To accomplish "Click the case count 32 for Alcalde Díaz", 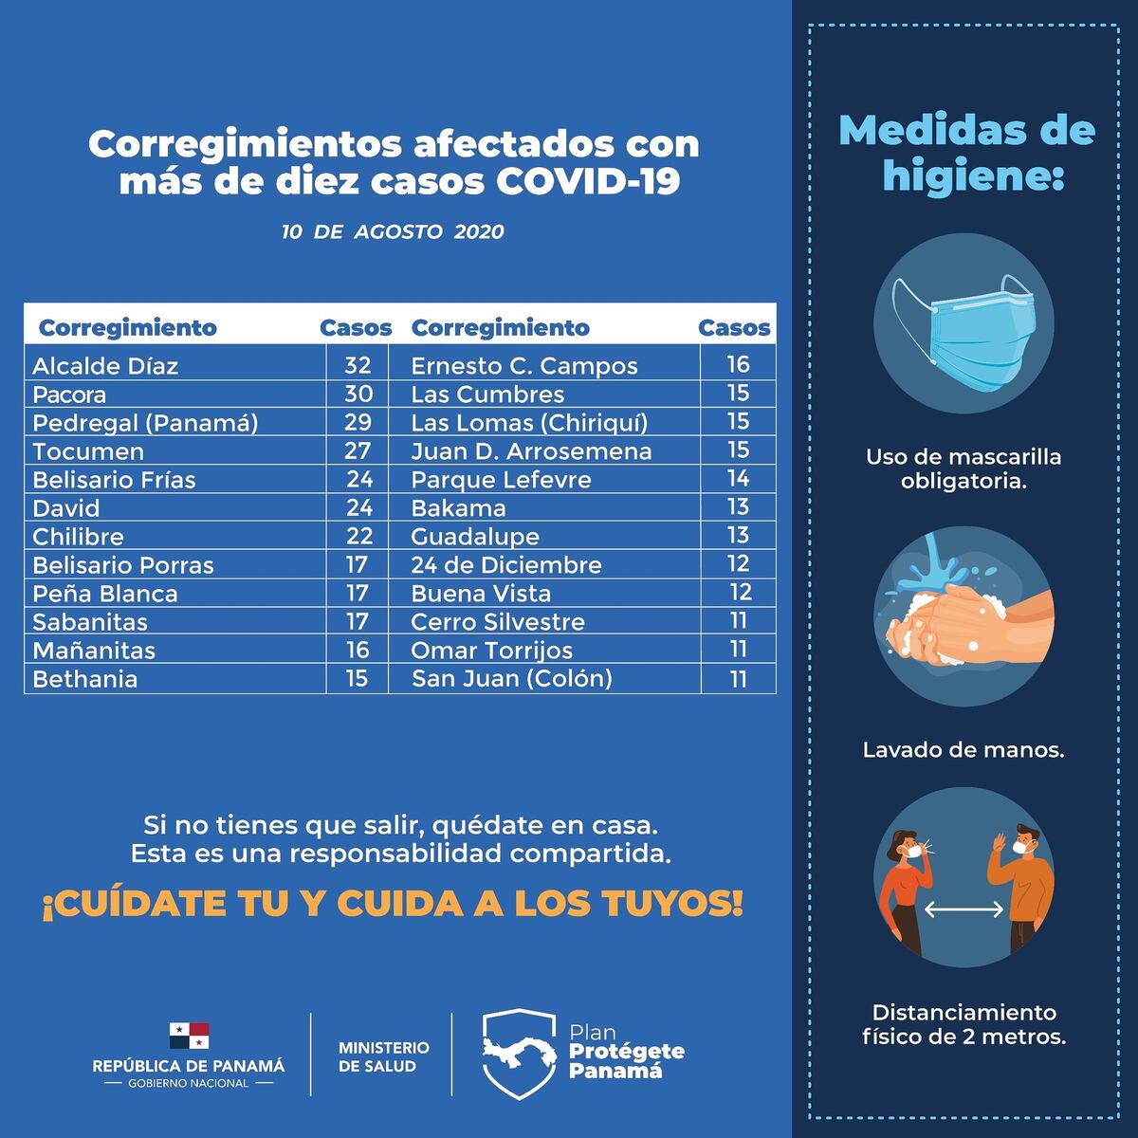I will [358, 366].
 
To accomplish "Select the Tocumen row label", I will [88, 451].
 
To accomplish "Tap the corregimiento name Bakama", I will [458, 508].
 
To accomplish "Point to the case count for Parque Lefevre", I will [738, 479].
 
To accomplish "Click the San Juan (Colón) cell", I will [511, 679].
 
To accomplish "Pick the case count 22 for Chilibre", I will [358, 536].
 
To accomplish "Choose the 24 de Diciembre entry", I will [505, 565].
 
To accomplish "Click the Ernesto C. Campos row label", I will [523, 366].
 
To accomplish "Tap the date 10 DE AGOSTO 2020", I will [393, 232].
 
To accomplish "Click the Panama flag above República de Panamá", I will [189, 1036].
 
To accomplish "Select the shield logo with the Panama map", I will [518, 1054].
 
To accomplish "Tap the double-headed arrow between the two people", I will [964, 909].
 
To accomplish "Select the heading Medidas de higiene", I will [966, 153].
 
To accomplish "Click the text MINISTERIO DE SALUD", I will [383, 1056].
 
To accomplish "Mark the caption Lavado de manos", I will [964, 750].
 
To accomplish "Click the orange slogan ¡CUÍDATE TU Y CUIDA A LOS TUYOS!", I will [392, 905].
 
